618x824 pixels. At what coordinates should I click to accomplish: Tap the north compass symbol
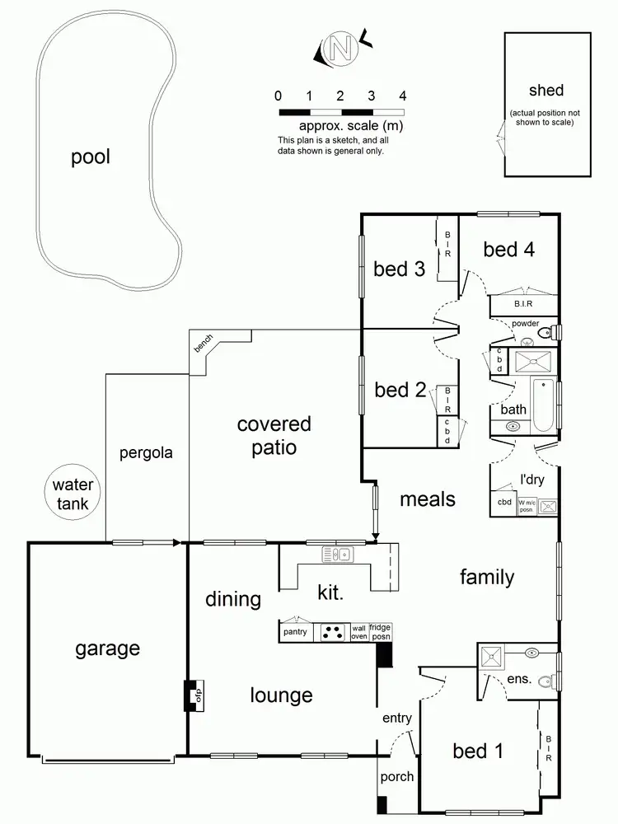[x=337, y=49]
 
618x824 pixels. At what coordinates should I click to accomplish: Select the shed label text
[x=547, y=91]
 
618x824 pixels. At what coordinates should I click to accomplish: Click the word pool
[x=90, y=157]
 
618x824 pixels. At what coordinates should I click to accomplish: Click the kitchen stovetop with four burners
[x=333, y=633]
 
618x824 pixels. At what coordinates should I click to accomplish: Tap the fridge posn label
[x=380, y=632]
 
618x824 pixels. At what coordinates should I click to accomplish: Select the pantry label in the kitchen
[x=295, y=633]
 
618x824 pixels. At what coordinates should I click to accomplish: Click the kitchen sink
[x=337, y=555]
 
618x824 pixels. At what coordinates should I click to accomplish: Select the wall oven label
[x=358, y=632]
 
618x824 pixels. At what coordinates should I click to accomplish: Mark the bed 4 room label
[x=508, y=250]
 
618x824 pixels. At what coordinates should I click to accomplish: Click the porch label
[x=397, y=776]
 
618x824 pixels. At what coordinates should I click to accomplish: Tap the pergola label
[x=145, y=452]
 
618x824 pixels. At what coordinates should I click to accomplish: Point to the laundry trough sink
[x=549, y=507]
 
